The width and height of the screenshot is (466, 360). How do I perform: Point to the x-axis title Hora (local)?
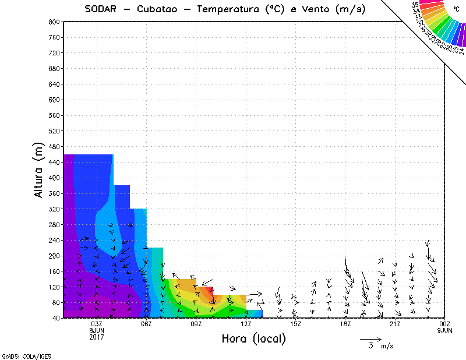tap(254, 339)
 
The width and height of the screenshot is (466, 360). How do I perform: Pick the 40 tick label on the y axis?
tap(57, 318)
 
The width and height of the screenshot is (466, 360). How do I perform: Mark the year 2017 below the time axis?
tap(97, 337)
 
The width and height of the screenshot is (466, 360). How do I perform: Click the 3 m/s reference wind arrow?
tap(370, 338)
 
